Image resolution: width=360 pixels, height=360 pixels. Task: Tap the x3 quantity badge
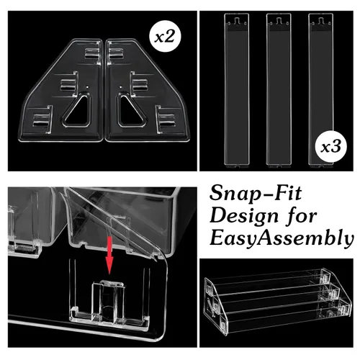click(x=331, y=147)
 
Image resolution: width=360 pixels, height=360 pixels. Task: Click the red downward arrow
click(x=109, y=255)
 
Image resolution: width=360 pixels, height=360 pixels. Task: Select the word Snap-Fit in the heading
click(x=256, y=194)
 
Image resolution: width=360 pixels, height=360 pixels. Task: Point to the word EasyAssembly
click(x=282, y=239)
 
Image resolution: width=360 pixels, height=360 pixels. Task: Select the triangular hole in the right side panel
click(x=131, y=111)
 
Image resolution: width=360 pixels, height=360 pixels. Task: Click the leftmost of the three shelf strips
click(x=236, y=89)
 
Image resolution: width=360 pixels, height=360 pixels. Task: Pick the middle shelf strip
click(x=279, y=89)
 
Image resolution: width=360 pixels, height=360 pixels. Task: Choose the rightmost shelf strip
click(x=320, y=89)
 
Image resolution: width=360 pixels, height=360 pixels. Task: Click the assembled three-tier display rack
click(x=278, y=301)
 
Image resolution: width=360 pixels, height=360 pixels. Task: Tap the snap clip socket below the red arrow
click(x=109, y=301)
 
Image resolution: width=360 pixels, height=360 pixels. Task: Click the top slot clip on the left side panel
click(x=93, y=53)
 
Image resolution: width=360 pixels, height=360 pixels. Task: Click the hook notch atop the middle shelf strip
click(x=279, y=21)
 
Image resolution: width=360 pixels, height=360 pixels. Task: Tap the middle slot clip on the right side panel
click(x=139, y=84)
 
